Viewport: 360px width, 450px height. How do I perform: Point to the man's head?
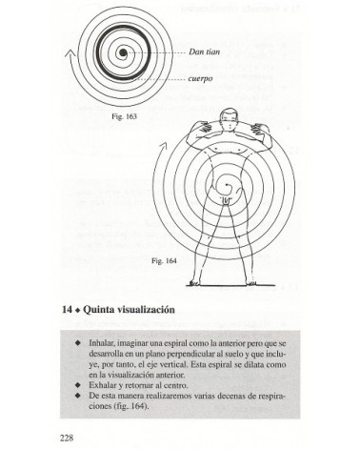click(225, 120)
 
